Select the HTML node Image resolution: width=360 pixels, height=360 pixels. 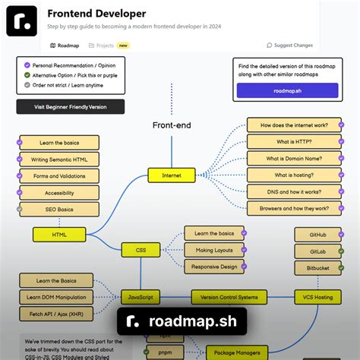(x=59, y=235)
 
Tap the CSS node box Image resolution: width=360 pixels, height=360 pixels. (x=141, y=249)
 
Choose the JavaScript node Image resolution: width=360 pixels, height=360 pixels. (x=141, y=297)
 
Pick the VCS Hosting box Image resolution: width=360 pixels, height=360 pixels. (x=317, y=297)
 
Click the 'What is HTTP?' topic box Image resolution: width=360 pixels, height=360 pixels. (x=294, y=141)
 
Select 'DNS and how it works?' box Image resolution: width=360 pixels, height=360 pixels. (x=294, y=191)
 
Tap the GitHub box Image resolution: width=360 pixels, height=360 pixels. (x=317, y=235)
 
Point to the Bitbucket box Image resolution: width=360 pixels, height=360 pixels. (x=317, y=268)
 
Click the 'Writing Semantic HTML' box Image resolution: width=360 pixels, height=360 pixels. (x=59, y=159)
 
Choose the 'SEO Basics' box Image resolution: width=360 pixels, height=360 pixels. (x=59, y=209)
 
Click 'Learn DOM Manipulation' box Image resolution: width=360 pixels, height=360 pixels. (x=56, y=297)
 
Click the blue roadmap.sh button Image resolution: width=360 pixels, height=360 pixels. (x=286, y=90)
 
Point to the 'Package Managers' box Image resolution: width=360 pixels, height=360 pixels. (x=237, y=352)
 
